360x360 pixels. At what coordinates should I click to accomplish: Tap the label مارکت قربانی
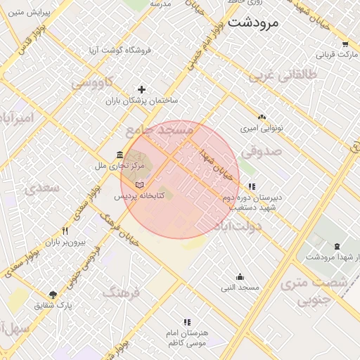coord(337,53)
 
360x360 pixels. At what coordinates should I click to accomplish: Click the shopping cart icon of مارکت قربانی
coord(345,43)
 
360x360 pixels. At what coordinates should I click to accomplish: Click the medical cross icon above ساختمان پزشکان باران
coord(142,89)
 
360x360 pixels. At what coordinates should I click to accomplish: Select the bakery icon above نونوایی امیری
coord(262,117)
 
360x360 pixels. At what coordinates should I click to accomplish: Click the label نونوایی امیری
coord(262,129)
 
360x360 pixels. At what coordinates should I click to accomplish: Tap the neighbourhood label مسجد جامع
coord(159,131)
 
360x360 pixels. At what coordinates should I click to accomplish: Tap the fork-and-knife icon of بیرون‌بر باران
coord(65,231)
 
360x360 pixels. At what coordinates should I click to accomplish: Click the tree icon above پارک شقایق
coord(53,295)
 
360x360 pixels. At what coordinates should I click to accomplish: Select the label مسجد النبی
coord(240,288)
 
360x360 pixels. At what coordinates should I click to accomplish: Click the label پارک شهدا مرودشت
coord(332,257)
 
